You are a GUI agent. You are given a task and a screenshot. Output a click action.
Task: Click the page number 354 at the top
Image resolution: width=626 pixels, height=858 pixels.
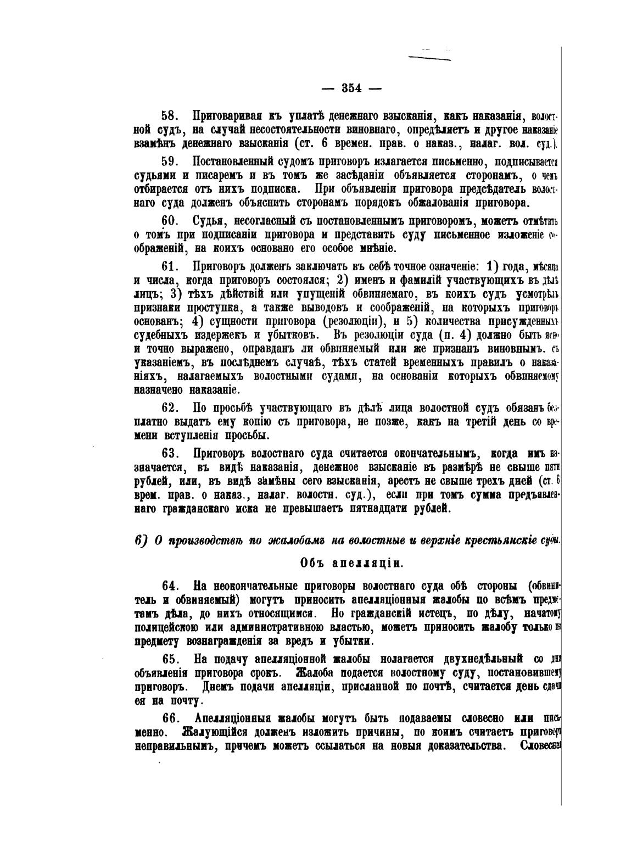[x=351, y=88]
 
